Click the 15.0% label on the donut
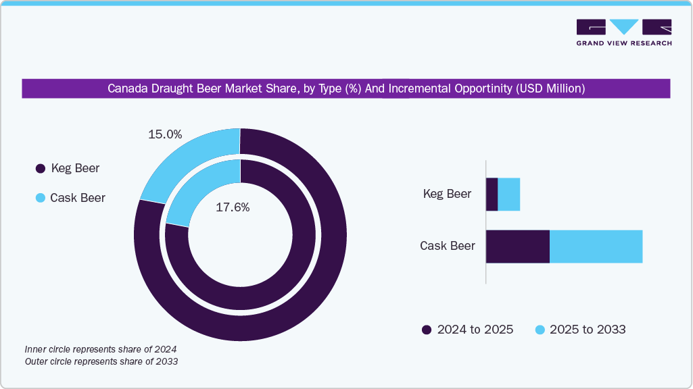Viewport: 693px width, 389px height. tap(165, 134)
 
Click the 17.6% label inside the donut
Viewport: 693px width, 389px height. tap(233, 208)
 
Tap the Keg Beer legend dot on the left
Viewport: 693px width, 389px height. tap(40, 168)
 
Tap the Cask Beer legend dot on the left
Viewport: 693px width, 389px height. tap(40, 198)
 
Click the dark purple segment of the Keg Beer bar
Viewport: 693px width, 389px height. tap(492, 194)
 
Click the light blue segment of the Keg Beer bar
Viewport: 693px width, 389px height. tap(508, 194)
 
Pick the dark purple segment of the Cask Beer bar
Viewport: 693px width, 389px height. tap(517, 246)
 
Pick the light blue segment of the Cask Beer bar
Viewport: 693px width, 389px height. tap(596, 246)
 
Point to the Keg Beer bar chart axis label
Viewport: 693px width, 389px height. tap(447, 194)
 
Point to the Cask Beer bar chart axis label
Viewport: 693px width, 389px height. tap(447, 246)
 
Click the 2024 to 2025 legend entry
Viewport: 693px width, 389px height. tap(467, 330)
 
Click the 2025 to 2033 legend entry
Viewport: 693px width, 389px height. tap(580, 330)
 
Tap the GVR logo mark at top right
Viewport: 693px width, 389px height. tap(623, 27)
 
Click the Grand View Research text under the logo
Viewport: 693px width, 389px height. tap(623, 43)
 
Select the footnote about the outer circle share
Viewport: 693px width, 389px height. tap(101, 362)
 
